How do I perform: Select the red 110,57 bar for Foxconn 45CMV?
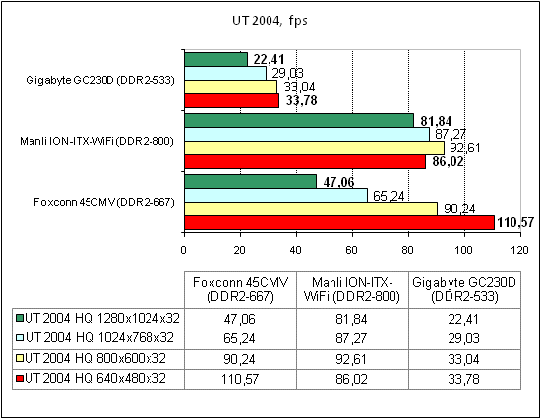coord(338,223)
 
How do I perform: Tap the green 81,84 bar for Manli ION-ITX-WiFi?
coord(298,120)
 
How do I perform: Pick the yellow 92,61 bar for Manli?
coord(314,148)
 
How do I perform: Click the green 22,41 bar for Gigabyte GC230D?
coord(215,58)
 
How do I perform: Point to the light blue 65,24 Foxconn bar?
coord(275,195)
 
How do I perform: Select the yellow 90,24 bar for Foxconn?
coord(311,209)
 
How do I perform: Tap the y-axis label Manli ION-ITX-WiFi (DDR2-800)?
coord(97,141)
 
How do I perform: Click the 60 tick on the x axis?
coord(353,249)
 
